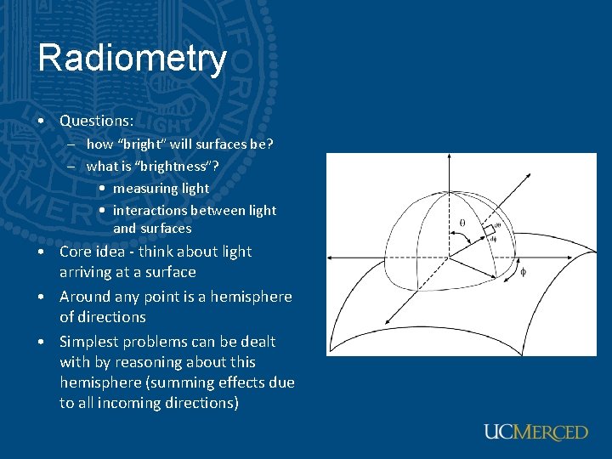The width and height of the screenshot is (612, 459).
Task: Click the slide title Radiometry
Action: point(133,59)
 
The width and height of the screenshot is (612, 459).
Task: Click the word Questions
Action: point(95,121)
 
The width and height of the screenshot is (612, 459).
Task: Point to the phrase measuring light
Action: point(161,188)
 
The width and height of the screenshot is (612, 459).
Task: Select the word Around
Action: point(84,297)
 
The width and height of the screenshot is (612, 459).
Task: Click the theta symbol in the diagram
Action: point(462,224)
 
